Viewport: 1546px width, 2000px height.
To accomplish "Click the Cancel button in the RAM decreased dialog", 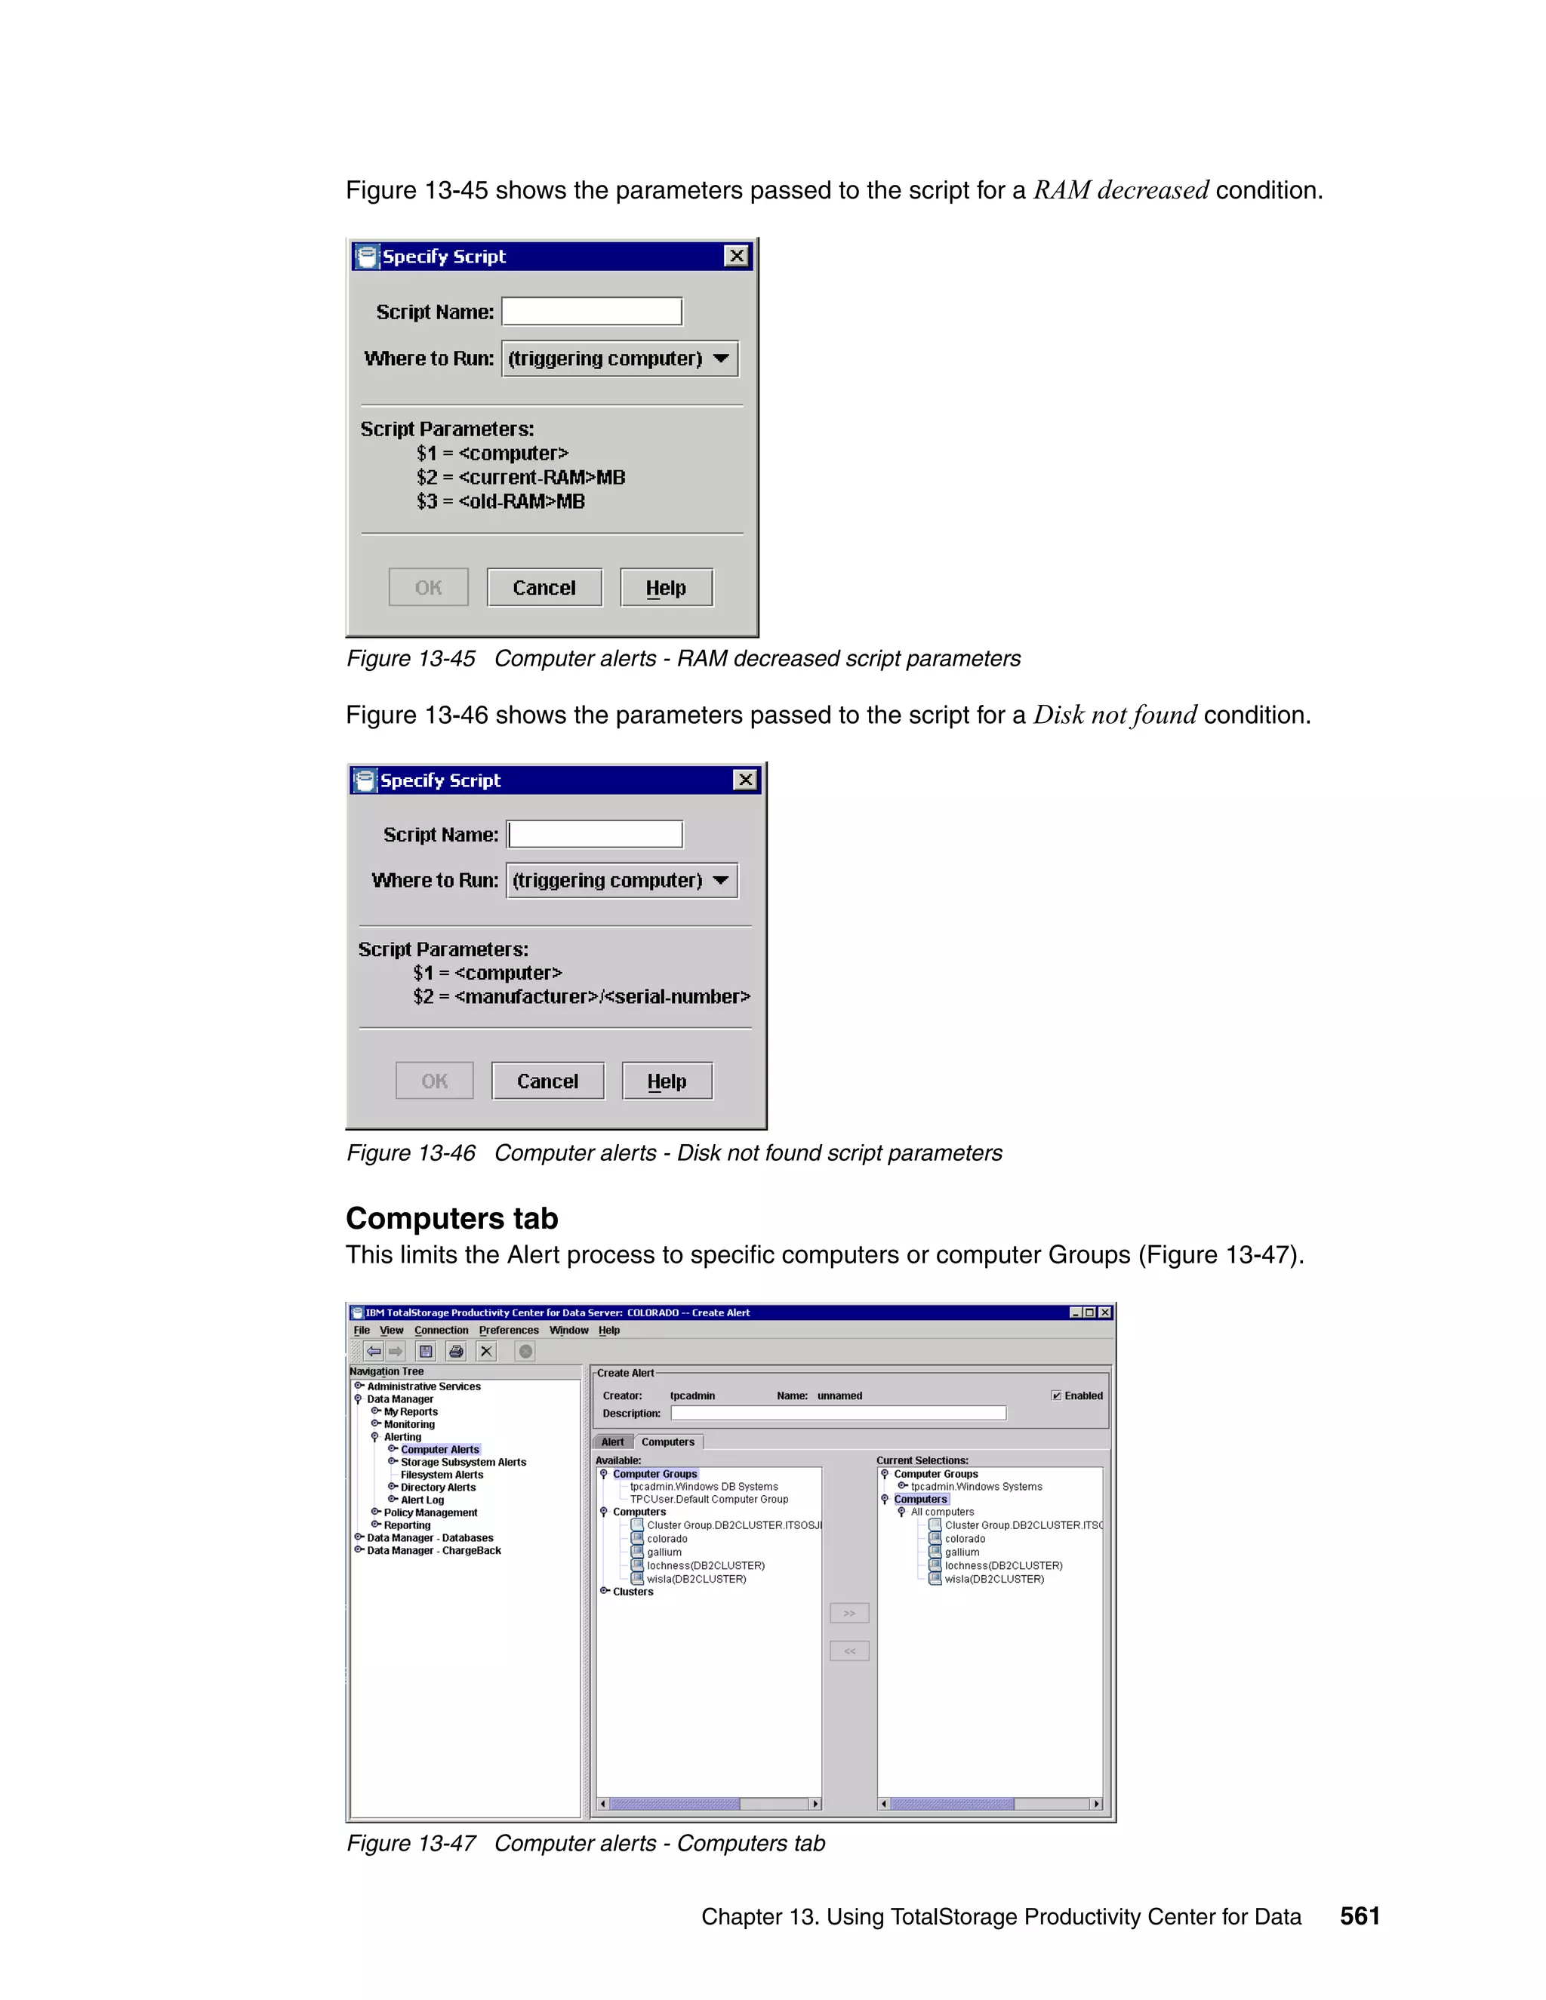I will (544, 588).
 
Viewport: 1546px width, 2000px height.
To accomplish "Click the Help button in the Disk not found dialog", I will (667, 1082).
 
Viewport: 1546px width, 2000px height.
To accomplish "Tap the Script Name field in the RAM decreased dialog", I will (592, 312).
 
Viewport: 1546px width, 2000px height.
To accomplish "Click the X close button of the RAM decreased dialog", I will (736, 256).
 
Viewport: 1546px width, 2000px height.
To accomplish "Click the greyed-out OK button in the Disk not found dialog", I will (434, 1082).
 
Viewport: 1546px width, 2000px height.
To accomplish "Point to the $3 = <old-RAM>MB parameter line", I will (501, 502).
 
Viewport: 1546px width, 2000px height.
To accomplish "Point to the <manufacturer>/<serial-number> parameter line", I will (581, 996).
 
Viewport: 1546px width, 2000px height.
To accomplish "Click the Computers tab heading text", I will (451, 1219).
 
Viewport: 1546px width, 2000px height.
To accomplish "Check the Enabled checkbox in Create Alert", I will (1056, 1395).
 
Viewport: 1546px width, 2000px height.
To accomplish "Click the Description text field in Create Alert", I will (838, 1413).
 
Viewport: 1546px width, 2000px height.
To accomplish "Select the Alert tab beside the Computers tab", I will (611, 1442).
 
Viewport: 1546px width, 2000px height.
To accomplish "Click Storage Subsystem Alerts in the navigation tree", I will (463, 1463).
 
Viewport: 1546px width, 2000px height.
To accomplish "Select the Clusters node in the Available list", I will (633, 1592).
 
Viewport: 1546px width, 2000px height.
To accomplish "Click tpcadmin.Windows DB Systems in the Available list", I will (704, 1488).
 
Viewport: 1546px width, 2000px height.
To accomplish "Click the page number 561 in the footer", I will (1359, 1917).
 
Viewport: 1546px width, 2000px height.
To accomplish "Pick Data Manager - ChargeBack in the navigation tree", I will (433, 1550).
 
